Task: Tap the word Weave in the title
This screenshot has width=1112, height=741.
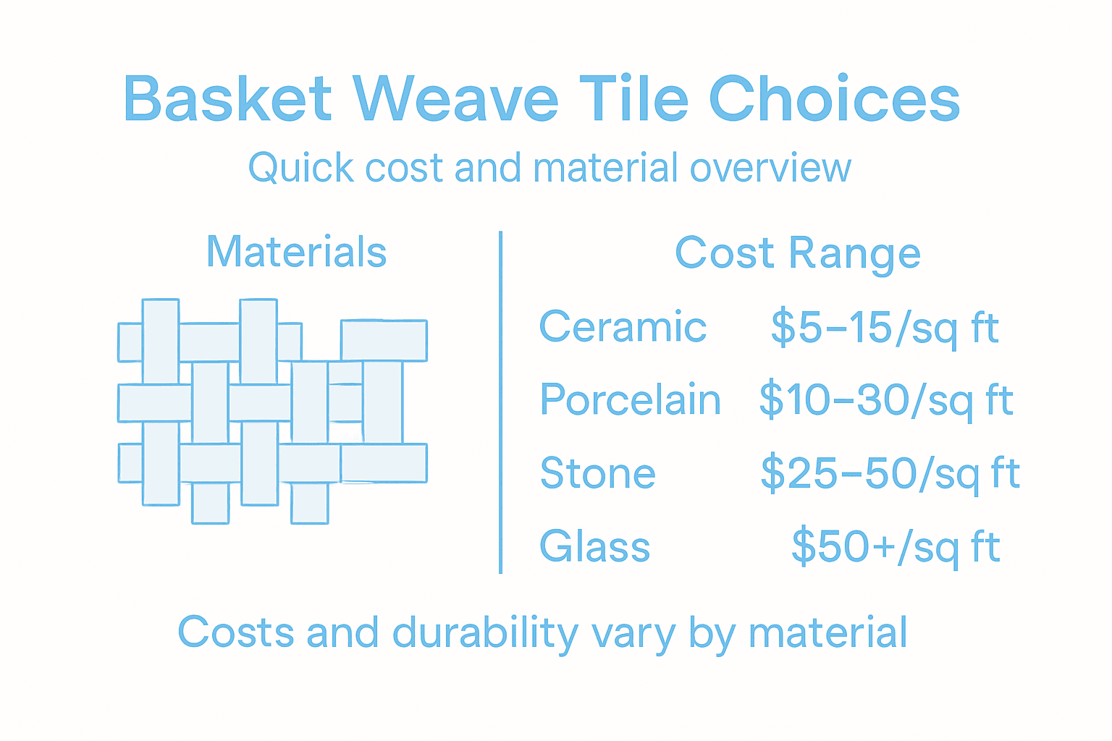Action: [x=455, y=99]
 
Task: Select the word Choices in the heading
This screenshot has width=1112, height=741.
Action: [x=834, y=99]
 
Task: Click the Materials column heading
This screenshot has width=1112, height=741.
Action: [x=296, y=252]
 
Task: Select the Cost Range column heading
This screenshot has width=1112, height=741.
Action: [x=797, y=253]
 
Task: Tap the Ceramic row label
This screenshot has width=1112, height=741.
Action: [x=623, y=327]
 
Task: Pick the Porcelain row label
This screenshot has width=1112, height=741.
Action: [x=630, y=399]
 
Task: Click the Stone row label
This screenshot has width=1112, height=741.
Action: [x=598, y=473]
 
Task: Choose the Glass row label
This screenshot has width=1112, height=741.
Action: [x=594, y=546]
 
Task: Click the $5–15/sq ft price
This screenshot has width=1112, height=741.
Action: [x=884, y=328]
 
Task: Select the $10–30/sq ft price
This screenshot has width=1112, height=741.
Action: [x=885, y=400]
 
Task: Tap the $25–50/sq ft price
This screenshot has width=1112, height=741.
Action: [x=890, y=474]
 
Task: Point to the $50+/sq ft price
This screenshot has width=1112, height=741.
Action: [x=896, y=547]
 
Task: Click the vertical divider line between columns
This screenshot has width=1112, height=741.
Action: [x=500, y=402]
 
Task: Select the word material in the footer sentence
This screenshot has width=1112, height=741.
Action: [x=827, y=633]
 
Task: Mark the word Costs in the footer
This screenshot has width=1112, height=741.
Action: [x=236, y=632]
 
